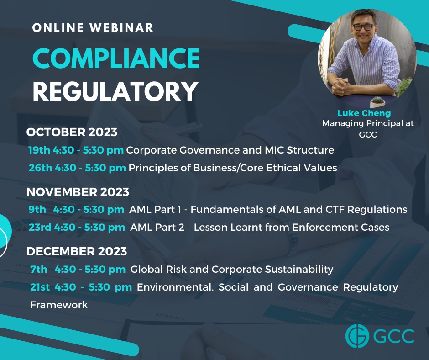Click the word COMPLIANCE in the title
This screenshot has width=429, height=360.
[116, 58]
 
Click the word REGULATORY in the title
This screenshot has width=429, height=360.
[115, 91]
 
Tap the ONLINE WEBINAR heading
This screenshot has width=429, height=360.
[93, 28]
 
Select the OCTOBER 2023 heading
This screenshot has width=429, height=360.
[72, 132]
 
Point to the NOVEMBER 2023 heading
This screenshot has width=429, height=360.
[78, 192]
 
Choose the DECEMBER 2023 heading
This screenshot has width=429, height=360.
[77, 251]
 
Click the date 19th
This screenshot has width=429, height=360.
[39, 150]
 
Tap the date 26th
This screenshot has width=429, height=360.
[41, 168]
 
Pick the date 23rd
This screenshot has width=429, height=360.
[40, 227]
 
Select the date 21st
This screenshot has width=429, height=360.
[40, 287]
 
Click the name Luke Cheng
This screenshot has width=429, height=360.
[364, 113]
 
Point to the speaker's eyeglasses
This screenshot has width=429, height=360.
[363, 27]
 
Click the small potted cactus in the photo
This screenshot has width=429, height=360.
[377, 101]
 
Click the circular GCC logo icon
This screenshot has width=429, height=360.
[357, 336]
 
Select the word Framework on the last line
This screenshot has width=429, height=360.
[59, 305]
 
